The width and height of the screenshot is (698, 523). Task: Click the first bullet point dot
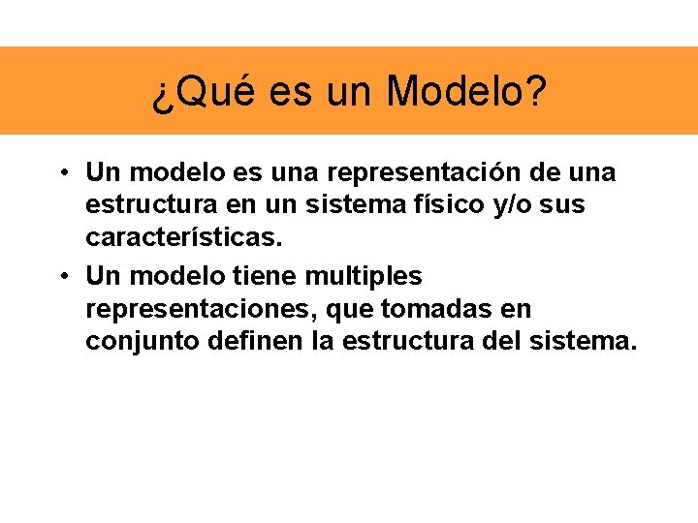(61, 173)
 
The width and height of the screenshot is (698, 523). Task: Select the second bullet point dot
(61, 277)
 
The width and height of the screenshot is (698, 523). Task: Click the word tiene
(266, 277)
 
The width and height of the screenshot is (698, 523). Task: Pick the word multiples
(364, 277)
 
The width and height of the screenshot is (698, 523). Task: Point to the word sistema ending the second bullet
(583, 342)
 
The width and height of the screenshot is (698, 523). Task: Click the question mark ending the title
(535, 92)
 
